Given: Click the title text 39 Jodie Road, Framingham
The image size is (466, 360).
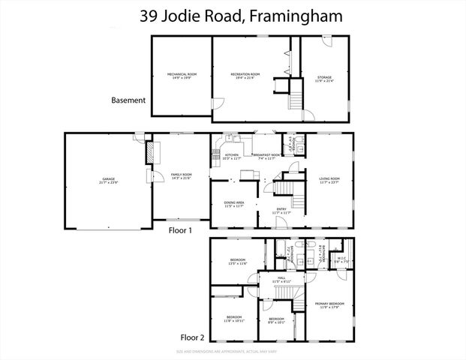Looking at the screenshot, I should point(233,16).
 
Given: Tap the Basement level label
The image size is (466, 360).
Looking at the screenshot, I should point(128,100).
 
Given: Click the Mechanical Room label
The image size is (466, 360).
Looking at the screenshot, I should point(182,76).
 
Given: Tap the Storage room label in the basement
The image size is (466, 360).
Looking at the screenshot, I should point(324,77).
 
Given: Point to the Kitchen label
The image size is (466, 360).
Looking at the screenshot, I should point(232,157).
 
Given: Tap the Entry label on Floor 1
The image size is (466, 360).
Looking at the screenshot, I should point(281,211).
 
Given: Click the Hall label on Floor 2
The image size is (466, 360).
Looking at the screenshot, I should point(282,280).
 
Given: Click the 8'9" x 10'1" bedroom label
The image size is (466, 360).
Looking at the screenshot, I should point(276,319).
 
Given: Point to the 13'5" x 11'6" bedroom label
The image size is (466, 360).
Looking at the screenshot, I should point(238,262).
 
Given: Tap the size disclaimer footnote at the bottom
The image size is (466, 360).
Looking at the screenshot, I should point(233,351).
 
